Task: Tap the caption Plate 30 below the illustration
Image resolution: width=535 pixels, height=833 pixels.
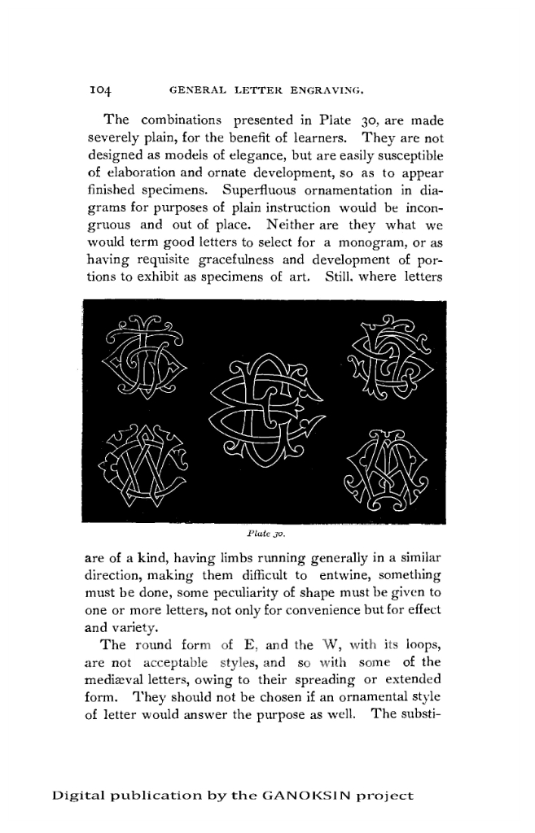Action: click(x=264, y=534)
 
